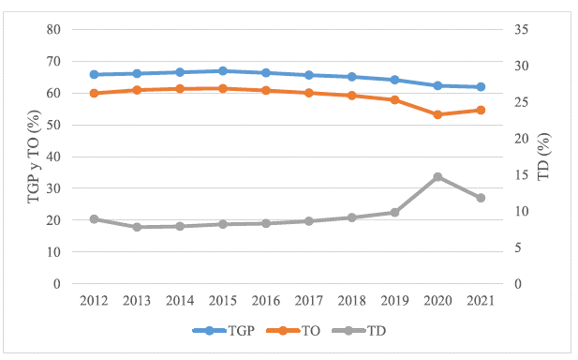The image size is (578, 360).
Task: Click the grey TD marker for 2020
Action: (437, 176)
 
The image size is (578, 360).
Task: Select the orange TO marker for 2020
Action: (437, 114)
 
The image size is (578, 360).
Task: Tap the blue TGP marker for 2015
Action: (223, 71)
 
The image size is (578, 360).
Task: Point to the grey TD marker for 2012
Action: (95, 218)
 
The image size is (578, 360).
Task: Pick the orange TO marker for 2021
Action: (481, 110)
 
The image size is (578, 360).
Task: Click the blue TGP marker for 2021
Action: (481, 87)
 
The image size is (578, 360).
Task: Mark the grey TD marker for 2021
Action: (481, 198)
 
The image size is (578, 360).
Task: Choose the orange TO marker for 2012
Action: (95, 93)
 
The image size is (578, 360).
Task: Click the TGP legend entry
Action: (223, 331)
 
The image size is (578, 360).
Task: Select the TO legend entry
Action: (296, 331)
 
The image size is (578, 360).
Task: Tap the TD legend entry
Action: (367, 331)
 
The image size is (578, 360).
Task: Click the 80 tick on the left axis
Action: (53, 30)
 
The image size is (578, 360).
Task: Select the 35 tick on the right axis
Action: (522, 30)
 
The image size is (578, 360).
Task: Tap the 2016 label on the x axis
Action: (266, 301)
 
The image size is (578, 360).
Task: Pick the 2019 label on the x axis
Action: (394, 301)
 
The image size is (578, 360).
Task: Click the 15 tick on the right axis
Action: (522, 175)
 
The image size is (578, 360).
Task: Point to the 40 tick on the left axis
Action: (53, 157)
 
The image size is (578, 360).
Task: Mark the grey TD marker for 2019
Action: (394, 212)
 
